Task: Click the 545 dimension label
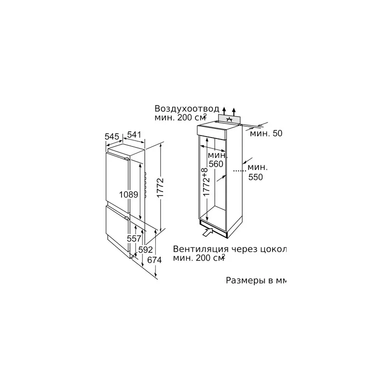111,137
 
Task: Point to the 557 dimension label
134,238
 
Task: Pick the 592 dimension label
146,249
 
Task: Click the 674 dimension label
154,260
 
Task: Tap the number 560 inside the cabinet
216,164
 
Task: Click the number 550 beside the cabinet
256,177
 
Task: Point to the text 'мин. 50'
266,134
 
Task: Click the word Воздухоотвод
187,109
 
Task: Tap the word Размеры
244,281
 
